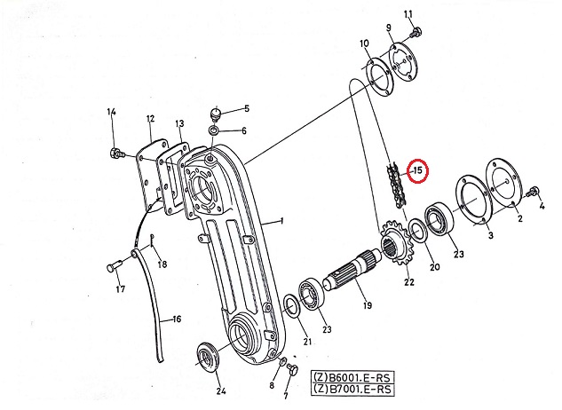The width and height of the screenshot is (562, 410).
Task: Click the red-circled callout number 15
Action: pyautogui.click(x=418, y=170)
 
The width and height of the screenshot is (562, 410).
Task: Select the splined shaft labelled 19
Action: pyautogui.click(x=353, y=268)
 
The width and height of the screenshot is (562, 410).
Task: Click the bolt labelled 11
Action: pyautogui.click(x=416, y=33)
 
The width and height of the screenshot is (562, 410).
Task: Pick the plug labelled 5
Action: pyautogui.click(x=216, y=114)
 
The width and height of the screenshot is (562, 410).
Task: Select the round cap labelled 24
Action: pyautogui.click(x=209, y=359)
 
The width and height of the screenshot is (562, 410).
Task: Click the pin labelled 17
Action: pyautogui.click(x=115, y=267)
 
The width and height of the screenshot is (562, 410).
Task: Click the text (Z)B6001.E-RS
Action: pyautogui.click(x=353, y=377)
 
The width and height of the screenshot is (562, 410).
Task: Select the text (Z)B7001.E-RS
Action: pyautogui.click(x=353, y=390)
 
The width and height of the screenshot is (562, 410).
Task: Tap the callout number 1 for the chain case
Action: pyautogui.click(x=282, y=220)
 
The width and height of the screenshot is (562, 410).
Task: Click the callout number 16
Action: pyautogui.click(x=177, y=319)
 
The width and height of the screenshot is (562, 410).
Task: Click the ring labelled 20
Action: pyautogui.click(x=417, y=231)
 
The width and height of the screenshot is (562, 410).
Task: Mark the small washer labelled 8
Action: pyautogui.click(x=282, y=361)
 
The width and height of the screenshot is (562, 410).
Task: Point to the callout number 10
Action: pyautogui.click(x=364, y=43)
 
